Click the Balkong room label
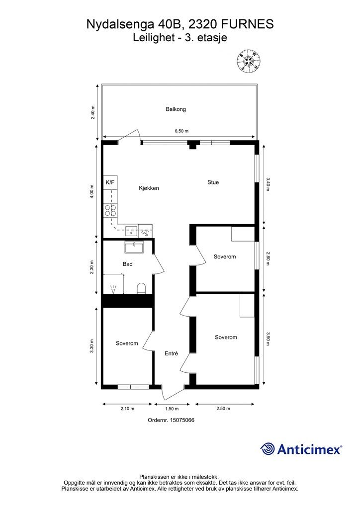pyautogui.click(x=176, y=109)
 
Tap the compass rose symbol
pyautogui.click(x=249, y=61)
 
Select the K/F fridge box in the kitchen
pyautogui.click(x=110, y=183)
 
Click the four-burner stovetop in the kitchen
pyautogui.click(x=111, y=210)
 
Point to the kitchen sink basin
pyautogui.click(x=131, y=231)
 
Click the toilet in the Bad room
pyautogui.click(x=142, y=288)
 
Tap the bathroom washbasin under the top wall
pyautogui.click(x=134, y=248)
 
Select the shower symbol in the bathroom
pyautogui.click(x=113, y=289)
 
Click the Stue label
pyautogui.click(x=213, y=182)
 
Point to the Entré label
pyautogui.click(x=171, y=354)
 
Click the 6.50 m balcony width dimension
pyautogui.click(x=181, y=131)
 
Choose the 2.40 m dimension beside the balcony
pyautogui.click(x=93, y=113)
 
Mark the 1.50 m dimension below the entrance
pyautogui.click(x=172, y=409)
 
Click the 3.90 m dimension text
pyautogui.click(x=268, y=338)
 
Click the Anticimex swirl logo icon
pyautogui.click(x=267, y=449)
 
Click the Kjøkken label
pyautogui.click(x=149, y=188)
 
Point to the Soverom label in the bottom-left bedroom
pyautogui.click(x=127, y=343)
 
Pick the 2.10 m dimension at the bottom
pyautogui.click(x=127, y=409)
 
